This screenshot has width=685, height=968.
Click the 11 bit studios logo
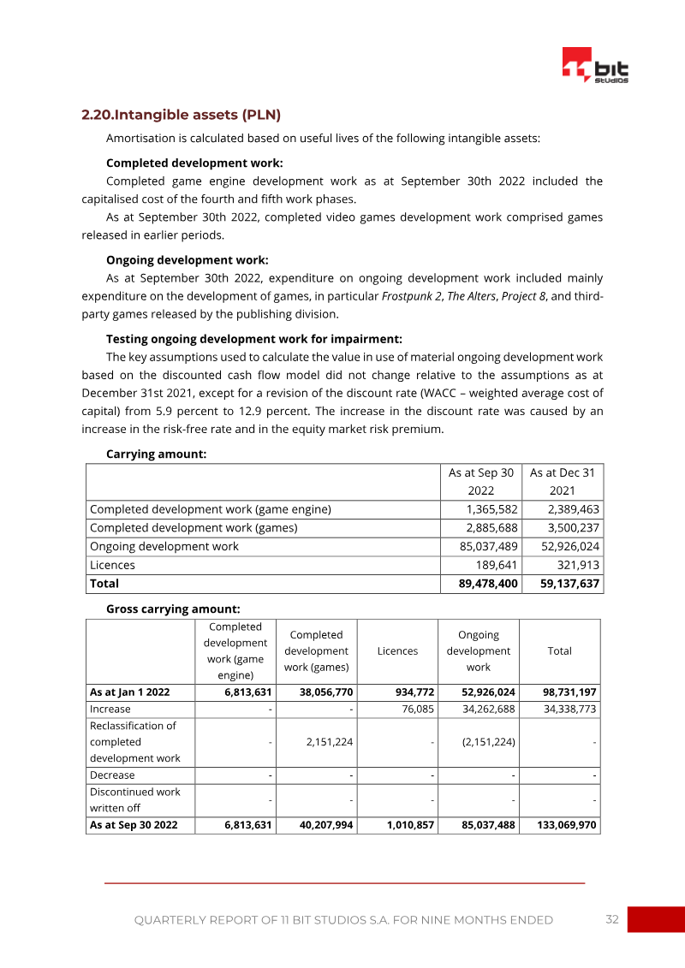[x=595, y=66]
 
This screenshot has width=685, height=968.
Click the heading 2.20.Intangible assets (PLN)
[x=181, y=115]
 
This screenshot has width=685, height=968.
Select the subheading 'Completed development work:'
[x=194, y=163]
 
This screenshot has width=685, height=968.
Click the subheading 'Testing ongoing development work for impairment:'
[x=253, y=339]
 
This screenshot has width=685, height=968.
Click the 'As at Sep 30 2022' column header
[x=480, y=482]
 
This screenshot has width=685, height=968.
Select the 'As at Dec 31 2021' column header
[x=562, y=482]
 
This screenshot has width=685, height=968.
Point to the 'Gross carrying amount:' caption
[x=172, y=609]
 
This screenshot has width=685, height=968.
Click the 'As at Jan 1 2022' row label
[x=130, y=692]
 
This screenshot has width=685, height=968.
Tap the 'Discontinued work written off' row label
[x=135, y=800]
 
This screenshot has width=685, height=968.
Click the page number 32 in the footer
[x=611, y=919]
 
